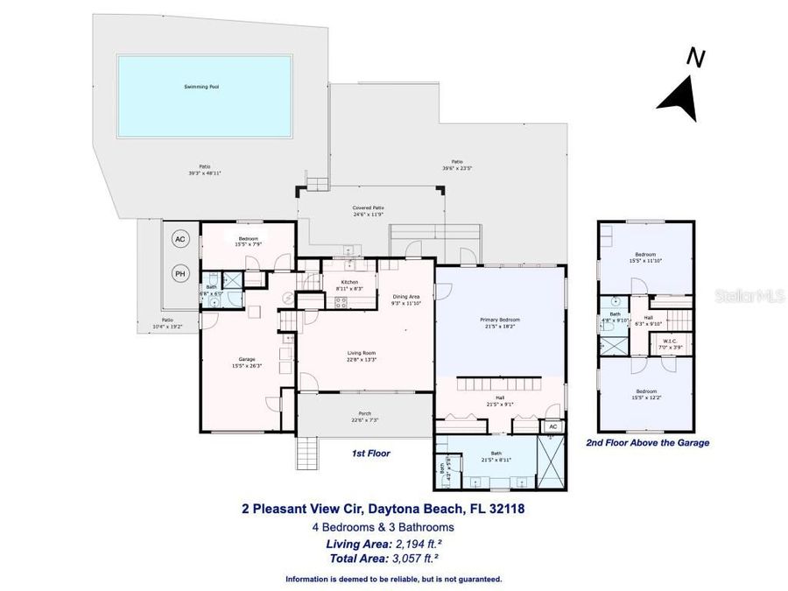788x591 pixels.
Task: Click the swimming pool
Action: click(x=204, y=87)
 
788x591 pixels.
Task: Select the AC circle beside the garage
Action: click(x=180, y=239)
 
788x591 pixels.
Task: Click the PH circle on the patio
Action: click(x=180, y=273)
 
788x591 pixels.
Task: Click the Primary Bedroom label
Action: click(x=500, y=322)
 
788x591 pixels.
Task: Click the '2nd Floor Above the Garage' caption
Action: click(x=647, y=443)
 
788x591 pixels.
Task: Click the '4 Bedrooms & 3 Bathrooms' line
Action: click(x=383, y=527)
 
